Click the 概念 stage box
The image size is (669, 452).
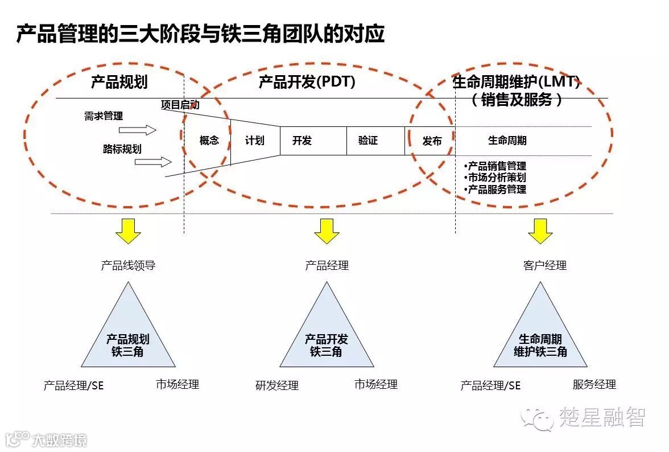pyautogui.click(x=208, y=141)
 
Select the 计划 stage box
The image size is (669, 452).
pyautogui.click(x=255, y=141)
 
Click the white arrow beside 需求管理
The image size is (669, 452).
pyautogui.click(x=146, y=130)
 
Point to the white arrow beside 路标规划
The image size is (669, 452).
pyautogui.click(x=153, y=162)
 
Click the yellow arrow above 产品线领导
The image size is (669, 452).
pyautogui.click(x=128, y=231)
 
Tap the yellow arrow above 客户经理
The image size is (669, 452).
pyautogui.click(x=540, y=231)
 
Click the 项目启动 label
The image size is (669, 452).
pyautogui.click(x=180, y=105)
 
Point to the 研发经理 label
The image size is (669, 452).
pyautogui.click(x=277, y=386)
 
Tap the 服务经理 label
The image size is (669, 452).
pyautogui.click(x=594, y=385)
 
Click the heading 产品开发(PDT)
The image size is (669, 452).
pyautogui.click(x=307, y=83)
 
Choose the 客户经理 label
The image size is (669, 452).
pyautogui.click(x=544, y=265)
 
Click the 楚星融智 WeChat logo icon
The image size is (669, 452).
pyautogui.click(x=538, y=418)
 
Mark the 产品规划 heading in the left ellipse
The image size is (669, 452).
pyautogui.click(x=119, y=83)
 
